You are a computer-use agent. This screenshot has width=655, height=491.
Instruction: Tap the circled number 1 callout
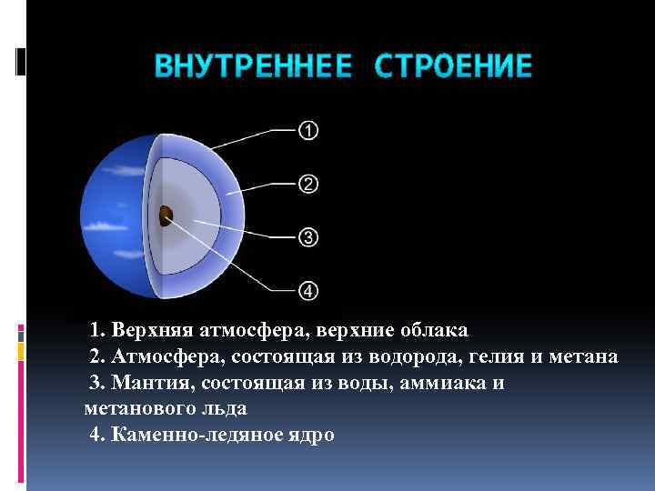[x=308, y=131]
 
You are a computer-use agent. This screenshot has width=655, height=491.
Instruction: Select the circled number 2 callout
[x=308, y=185]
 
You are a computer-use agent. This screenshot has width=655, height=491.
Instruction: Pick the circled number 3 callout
[x=308, y=237]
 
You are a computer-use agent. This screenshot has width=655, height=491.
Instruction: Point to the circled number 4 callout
[x=308, y=291]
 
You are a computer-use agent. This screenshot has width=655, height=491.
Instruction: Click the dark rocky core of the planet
[x=166, y=215]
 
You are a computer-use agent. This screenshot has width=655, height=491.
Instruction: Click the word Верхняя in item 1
[x=146, y=329]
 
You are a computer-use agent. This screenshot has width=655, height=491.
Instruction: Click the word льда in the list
[x=223, y=409]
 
